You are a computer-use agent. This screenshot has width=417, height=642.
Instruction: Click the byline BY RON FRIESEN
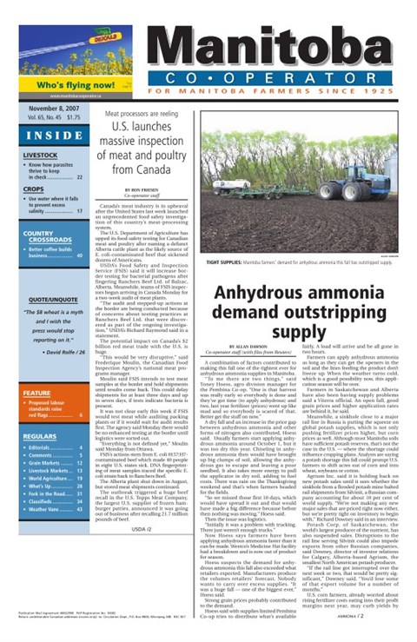pos(141,189)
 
